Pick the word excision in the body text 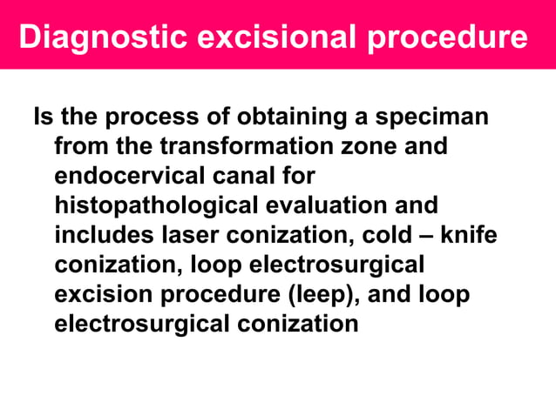[105, 294]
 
